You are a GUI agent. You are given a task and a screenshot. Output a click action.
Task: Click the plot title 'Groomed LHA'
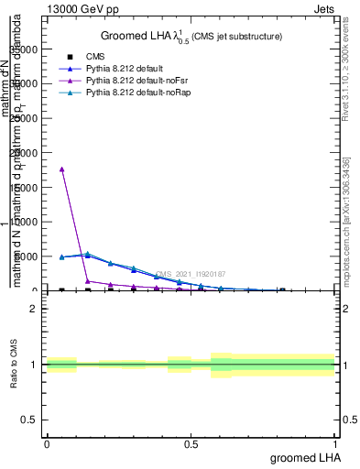(x=137, y=36)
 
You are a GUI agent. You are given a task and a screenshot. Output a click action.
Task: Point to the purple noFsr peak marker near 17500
(x=61, y=169)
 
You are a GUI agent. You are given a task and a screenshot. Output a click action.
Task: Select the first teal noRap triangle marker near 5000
(x=61, y=257)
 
